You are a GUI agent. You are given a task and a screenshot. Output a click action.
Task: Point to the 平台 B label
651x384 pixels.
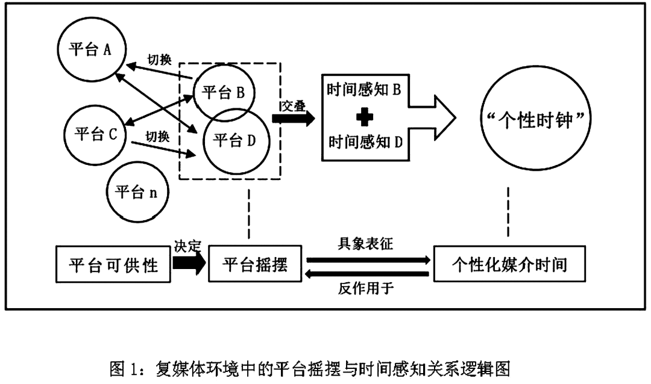coord(223,93)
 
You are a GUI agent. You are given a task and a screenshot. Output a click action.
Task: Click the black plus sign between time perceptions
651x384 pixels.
coord(365,117)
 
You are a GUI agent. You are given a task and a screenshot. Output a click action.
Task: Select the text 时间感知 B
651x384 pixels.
coord(363,89)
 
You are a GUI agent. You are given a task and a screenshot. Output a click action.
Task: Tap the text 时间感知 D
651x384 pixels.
coord(365,142)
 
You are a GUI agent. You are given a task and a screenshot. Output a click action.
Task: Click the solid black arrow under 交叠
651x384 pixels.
coord(293,118)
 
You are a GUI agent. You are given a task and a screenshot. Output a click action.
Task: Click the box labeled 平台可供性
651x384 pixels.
coord(113,264)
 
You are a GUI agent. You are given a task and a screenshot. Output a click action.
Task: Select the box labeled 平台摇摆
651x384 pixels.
coord(254,264)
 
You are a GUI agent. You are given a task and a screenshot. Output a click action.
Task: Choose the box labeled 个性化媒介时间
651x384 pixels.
coord(509,264)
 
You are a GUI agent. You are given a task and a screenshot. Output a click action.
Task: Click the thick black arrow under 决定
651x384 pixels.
coord(189,262)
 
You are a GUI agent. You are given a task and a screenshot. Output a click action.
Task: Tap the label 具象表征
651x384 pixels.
coord(365,244)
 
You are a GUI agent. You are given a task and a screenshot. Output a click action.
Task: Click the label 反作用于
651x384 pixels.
coord(365,288)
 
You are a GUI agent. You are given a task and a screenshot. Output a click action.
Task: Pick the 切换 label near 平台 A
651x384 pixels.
coord(159,60)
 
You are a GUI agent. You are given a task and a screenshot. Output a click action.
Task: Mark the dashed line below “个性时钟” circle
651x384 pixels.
coord(508,211)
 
